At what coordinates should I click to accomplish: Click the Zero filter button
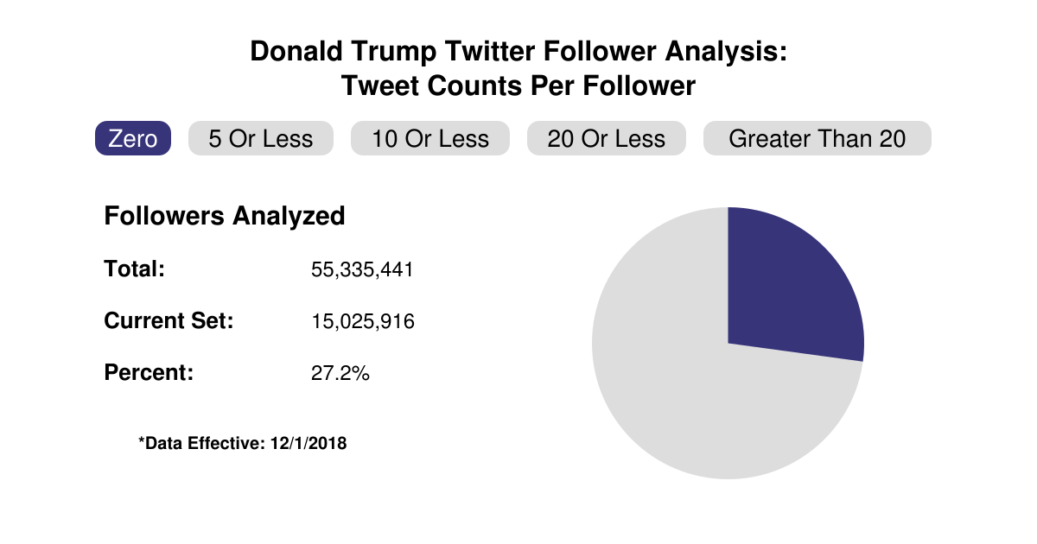pyautogui.click(x=133, y=138)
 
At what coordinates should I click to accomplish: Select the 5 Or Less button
pyautogui.click(x=261, y=138)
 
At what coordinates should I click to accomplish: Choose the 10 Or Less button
pyautogui.click(x=430, y=138)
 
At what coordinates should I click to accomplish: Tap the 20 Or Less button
pyautogui.click(x=606, y=138)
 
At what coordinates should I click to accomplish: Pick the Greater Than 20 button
pyautogui.click(x=817, y=138)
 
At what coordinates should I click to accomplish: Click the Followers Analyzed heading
pyautogui.click(x=225, y=216)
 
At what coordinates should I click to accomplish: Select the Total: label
pyautogui.click(x=134, y=269)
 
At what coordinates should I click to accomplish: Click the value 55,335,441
pyautogui.click(x=362, y=269)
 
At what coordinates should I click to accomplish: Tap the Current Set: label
pyautogui.click(x=169, y=321)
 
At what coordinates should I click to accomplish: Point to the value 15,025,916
pyautogui.click(x=362, y=322)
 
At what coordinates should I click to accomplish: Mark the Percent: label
pyautogui.click(x=149, y=374)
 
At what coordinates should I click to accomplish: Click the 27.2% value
pyautogui.click(x=340, y=375)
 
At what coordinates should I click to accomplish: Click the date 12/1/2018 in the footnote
pyautogui.click(x=308, y=444)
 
